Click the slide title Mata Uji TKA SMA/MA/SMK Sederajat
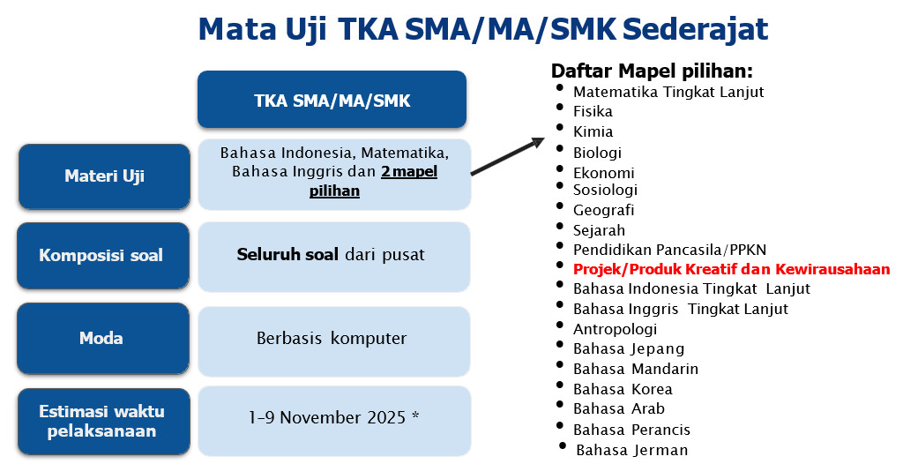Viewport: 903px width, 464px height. pyautogui.click(x=483, y=29)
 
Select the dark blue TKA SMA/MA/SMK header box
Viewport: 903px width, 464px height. pyautogui.click(x=332, y=100)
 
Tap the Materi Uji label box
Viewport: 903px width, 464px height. pyautogui.click(x=104, y=176)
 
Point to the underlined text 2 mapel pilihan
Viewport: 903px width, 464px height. pyautogui.click(x=374, y=181)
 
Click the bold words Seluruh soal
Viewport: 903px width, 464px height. pyautogui.click(x=287, y=255)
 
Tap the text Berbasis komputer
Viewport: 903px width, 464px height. pyautogui.click(x=332, y=339)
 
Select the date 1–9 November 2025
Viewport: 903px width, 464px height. pyautogui.click(x=327, y=417)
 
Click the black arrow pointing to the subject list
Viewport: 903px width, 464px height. pyautogui.click(x=507, y=156)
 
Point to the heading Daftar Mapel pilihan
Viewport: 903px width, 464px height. pyautogui.click(x=652, y=71)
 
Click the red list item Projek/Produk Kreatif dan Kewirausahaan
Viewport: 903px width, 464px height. pyautogui.click(x=731, y=269)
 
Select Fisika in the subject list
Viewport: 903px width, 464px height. pyautogui.click(x=593, y=111)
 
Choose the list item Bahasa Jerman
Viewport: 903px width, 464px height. pyautogui.click(x=631, y=450)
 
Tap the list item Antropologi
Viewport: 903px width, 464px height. pyautogui.click(x=615, y=329)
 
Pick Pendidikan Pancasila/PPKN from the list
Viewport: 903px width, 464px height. pyautogui.click(x=670, y=250)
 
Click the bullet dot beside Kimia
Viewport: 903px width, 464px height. pyautogui.click(x=560, y=127)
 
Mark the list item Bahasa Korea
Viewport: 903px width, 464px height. pyautogui.click(x=623, y=389)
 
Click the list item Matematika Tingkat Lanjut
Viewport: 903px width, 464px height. pyautogui.click(x=668, y=92)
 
